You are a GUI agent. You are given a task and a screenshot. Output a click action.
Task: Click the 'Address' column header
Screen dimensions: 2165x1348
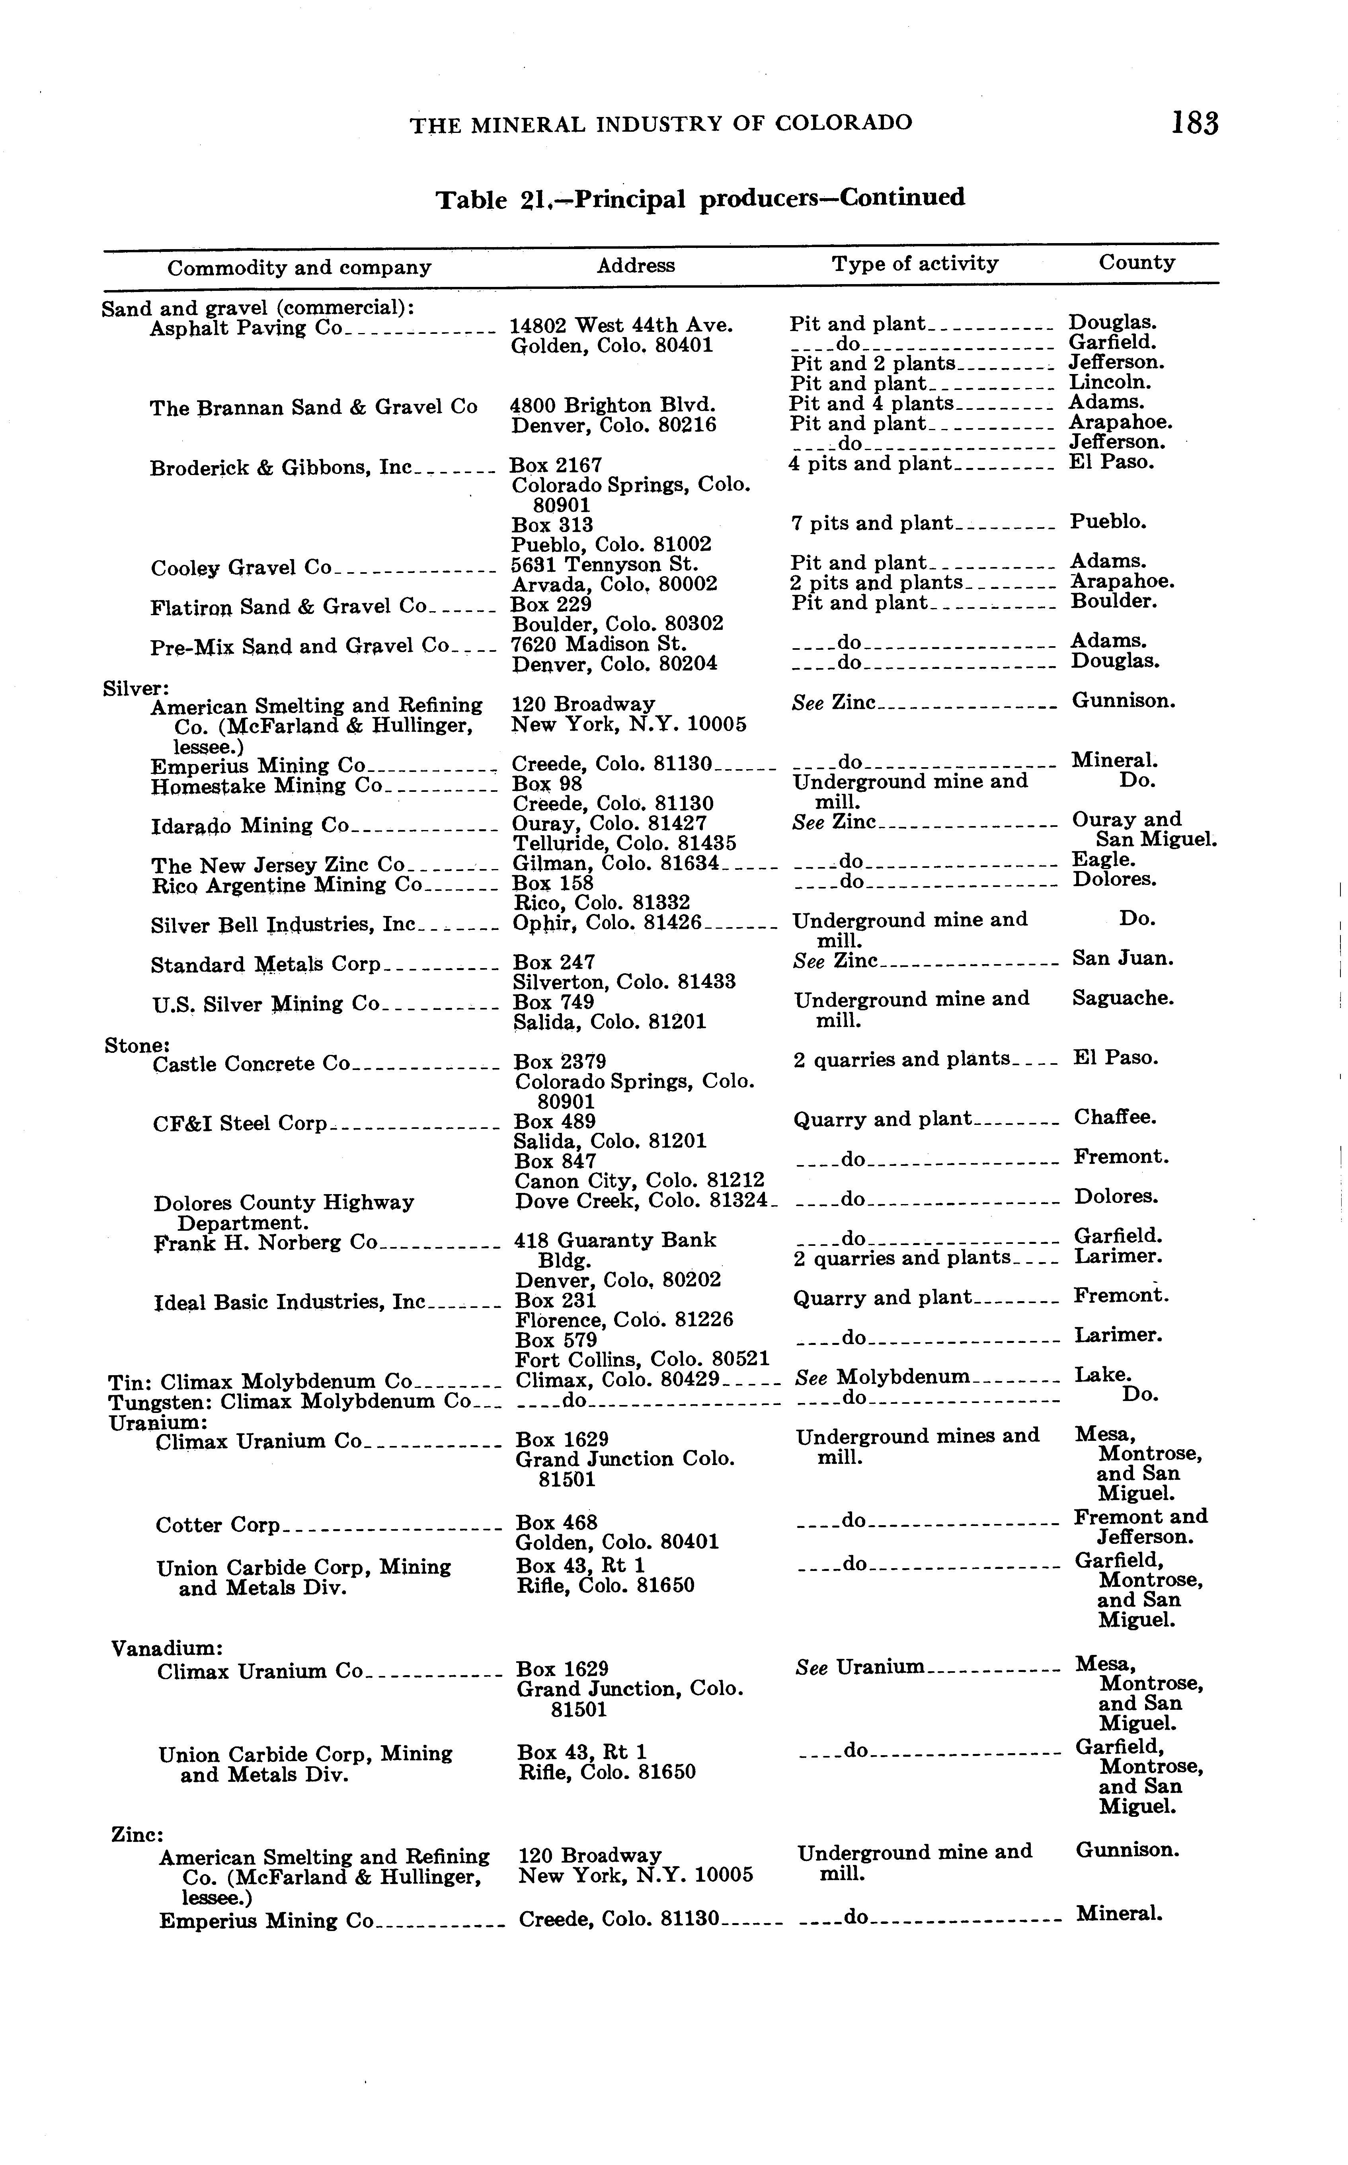[636, 266]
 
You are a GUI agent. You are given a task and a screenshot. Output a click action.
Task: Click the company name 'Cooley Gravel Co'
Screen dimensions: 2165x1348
[241, 568]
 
